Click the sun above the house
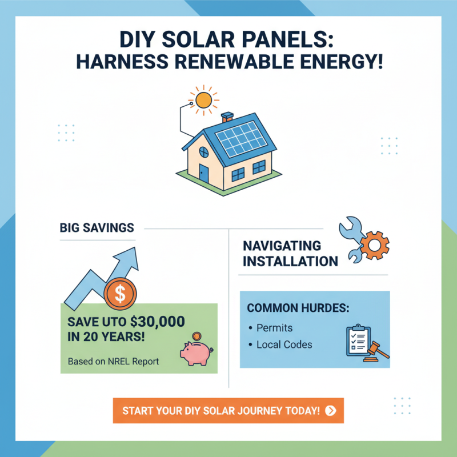203,101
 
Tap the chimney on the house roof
227,118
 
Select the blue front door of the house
204,171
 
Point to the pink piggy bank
196,352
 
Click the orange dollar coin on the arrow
120,294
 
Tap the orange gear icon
375,246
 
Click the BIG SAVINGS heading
97,228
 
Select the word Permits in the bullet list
274,328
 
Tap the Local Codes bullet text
284,344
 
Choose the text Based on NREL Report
113,362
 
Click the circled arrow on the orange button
330,410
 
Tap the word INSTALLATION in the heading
290,262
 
